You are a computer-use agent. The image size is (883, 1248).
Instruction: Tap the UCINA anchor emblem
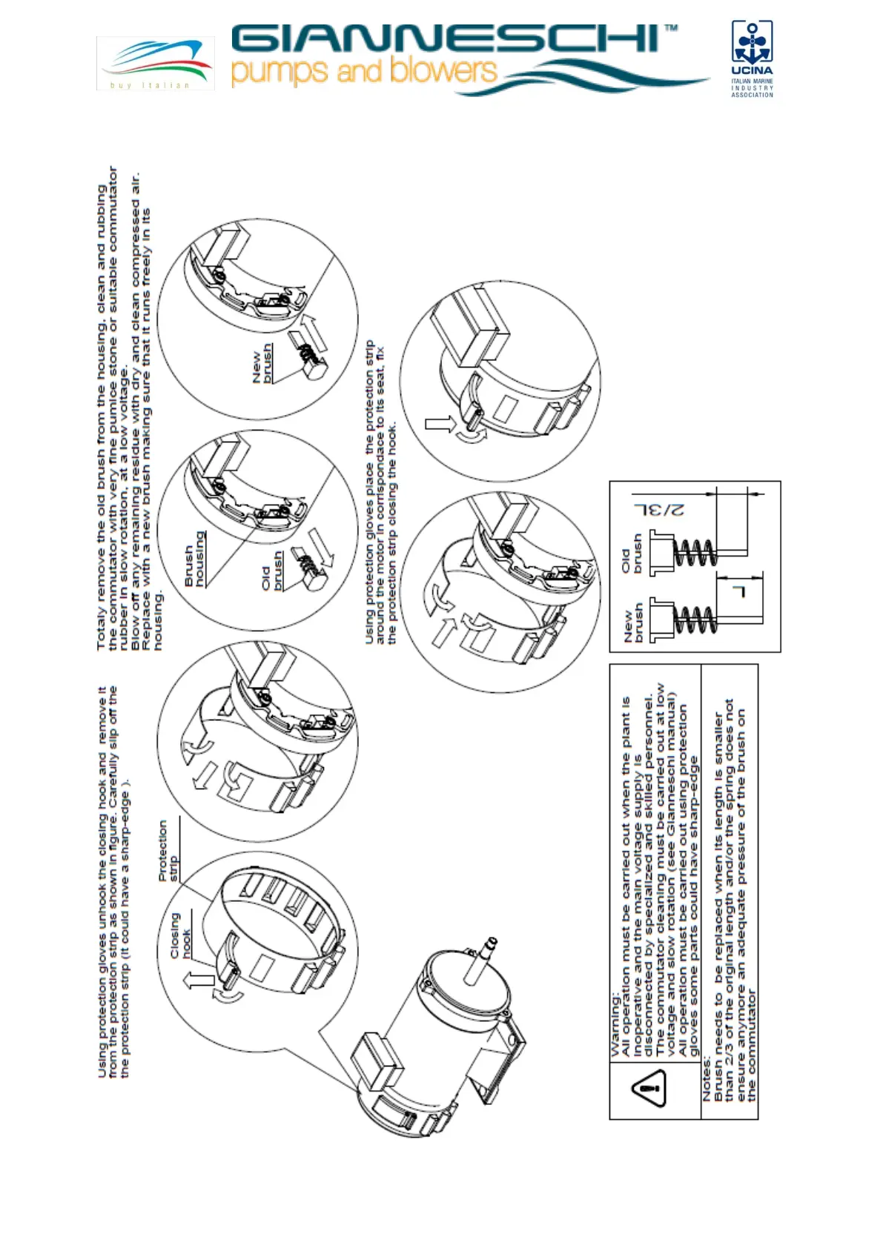tap(752, 42)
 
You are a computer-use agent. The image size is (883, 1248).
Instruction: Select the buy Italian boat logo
tap(156, 63)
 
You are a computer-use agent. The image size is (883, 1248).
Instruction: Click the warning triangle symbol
tap(649, 1088)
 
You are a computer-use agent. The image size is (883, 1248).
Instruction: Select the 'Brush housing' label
tap(194, 559)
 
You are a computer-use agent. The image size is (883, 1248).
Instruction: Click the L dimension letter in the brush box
tap(738, 591)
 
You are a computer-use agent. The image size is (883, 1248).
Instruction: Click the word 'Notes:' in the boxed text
tap(708, 1079)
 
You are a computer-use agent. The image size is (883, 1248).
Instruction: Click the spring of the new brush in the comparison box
tap(695, 620)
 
